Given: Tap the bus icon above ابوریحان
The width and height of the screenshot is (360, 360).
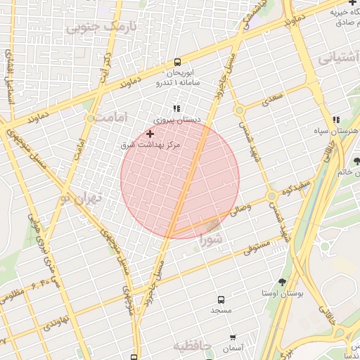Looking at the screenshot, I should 176,62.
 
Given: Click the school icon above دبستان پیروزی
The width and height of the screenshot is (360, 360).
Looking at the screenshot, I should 176,108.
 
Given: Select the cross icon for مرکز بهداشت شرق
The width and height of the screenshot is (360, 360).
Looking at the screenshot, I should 150,134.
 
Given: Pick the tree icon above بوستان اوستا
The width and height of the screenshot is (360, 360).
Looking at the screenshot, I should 282,281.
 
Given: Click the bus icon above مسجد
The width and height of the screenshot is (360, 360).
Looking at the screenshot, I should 221,300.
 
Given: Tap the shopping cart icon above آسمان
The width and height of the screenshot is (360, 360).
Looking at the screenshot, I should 233,337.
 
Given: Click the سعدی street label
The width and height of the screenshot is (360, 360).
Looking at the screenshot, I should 270,101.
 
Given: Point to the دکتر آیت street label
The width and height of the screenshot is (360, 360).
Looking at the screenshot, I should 107,65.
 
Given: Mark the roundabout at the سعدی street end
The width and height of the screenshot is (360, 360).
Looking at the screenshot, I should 239,110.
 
